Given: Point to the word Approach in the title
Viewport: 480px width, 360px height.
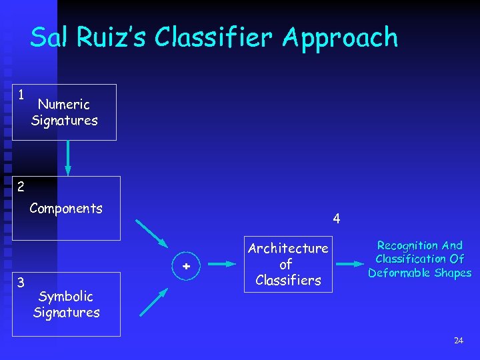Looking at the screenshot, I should (x=339, y=39).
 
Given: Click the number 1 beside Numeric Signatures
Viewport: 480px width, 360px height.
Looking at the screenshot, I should (x=21, y=95).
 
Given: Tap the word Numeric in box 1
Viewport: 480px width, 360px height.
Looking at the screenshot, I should (x=64, y=104).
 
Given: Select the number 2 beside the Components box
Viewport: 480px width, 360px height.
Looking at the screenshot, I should (x=21, y=186).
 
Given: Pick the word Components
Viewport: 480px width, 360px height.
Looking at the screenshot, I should (x=66, y=209).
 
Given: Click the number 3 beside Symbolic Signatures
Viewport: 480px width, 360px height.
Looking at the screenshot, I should (x=21, y=282).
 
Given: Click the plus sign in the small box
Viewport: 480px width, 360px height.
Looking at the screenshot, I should (x=187, y=265).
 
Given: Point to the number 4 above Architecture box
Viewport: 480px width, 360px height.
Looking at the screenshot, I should (x=337, y=218).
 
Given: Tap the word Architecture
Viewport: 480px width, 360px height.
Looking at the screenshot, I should (x=288, y=249).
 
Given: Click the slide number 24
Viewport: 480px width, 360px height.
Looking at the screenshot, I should (x=458, y=341).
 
